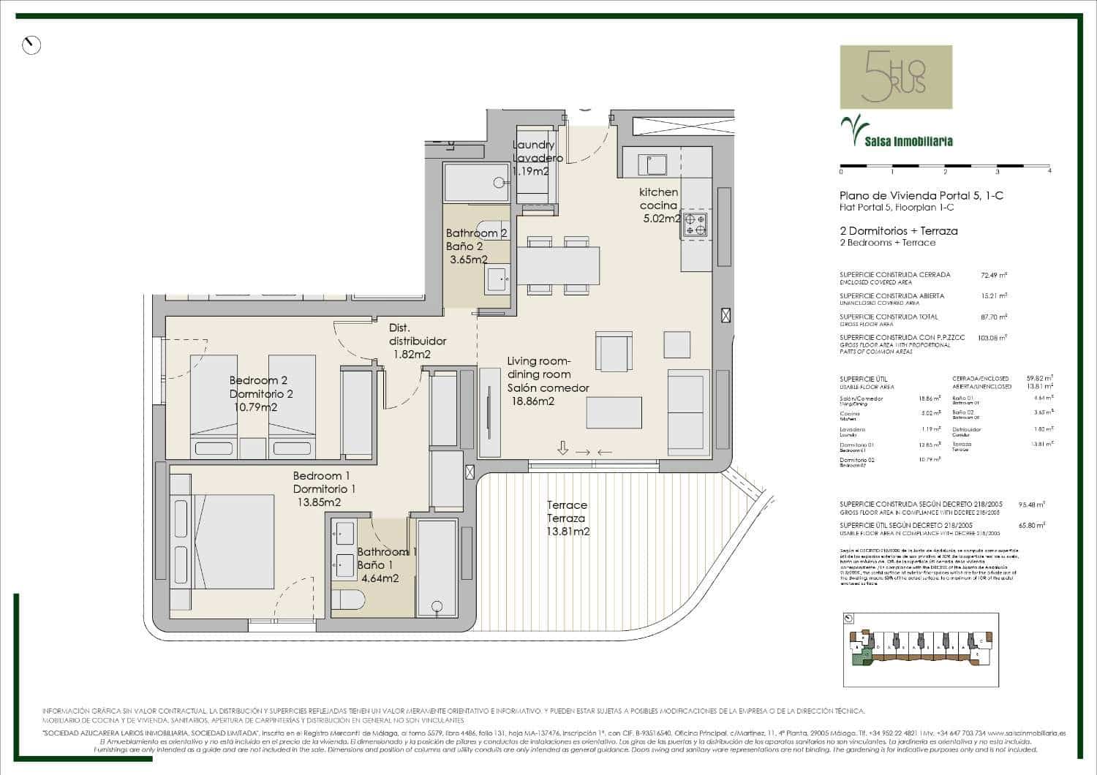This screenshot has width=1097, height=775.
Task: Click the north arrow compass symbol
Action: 31,45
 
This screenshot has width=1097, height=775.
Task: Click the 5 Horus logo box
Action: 896,77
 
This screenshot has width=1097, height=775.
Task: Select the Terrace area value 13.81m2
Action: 568,532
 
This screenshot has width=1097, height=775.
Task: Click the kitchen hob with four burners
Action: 695,224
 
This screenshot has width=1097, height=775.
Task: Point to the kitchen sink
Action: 652,165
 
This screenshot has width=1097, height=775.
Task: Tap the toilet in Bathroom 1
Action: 348,600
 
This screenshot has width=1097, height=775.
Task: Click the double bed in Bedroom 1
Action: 222,541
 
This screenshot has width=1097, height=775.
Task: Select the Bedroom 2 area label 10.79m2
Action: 255,407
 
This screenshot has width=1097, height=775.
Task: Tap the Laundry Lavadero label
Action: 538,151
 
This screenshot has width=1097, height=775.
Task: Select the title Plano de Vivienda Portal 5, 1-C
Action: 921,195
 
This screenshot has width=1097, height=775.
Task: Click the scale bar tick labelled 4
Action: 1049,172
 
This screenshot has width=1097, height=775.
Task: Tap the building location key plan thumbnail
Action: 920,649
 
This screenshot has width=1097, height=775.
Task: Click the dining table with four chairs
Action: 558,265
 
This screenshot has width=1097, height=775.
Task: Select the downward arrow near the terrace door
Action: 562,448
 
